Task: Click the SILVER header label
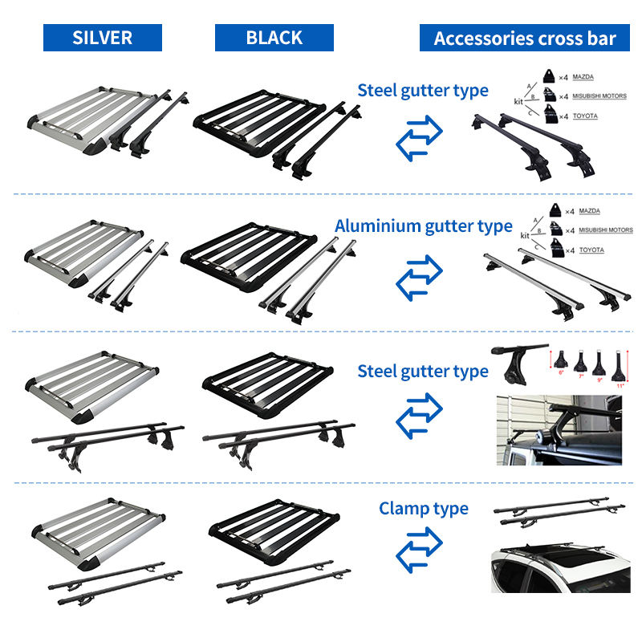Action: [102, 38]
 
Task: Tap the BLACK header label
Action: [274, 38]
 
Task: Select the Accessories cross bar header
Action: [525, 38]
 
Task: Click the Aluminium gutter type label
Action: [423, 226]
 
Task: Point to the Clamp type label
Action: [424, 508]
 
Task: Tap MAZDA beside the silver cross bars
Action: [590, 212]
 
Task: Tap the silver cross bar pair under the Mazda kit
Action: [554, 281]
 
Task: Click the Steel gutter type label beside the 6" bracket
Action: [423, 371]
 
